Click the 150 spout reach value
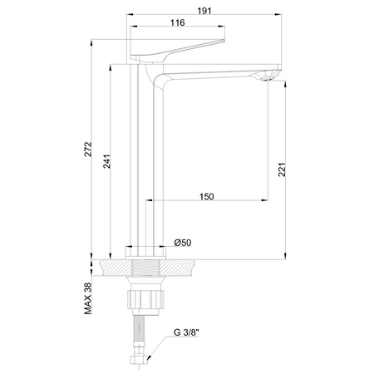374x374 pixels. [207, 196]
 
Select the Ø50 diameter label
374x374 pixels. [182, 242]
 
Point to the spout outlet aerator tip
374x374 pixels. [267, 76]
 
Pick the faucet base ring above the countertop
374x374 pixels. [147, 249]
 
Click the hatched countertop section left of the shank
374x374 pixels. [115, 268]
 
